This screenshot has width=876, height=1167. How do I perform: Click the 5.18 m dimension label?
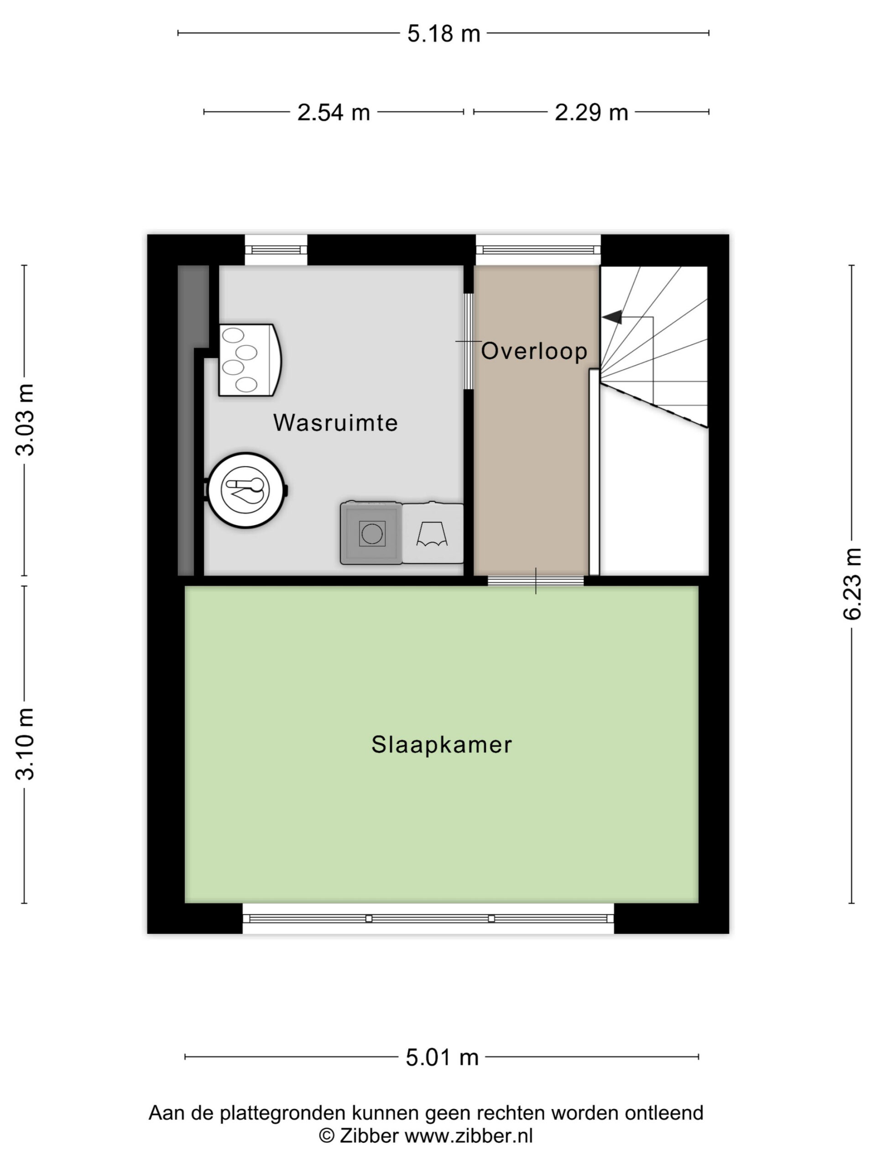(x=443, y=34)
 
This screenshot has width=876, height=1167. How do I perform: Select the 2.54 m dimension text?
(x=333, y=113)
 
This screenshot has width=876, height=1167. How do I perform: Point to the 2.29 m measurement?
(x=591, y=113)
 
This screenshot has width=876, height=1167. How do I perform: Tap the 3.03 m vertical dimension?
(x=25, y=419)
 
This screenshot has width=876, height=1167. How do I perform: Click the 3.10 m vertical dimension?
(x=25, y=744)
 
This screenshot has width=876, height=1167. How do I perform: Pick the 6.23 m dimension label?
(x=852, y=583)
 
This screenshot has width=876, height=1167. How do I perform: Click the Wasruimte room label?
(x=335, y=423)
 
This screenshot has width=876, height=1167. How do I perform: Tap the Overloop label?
(x=534, y=351)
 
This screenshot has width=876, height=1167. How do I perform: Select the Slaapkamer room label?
(x=442, y=745)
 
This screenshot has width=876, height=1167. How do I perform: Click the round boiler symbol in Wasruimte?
(x=246, y=490)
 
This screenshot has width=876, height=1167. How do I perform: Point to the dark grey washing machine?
(x=371, y=533)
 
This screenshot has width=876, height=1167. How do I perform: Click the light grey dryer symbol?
(x=433, y=533)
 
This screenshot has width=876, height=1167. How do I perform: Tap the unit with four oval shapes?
(x=250, y=360)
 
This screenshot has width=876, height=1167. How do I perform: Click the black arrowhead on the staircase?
(x=612, y=317)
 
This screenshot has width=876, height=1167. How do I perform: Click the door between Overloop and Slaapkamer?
(x=536, y=581)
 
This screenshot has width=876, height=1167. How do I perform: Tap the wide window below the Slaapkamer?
(x=428, y=919)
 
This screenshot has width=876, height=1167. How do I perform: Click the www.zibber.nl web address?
(x=469, y=1136)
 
